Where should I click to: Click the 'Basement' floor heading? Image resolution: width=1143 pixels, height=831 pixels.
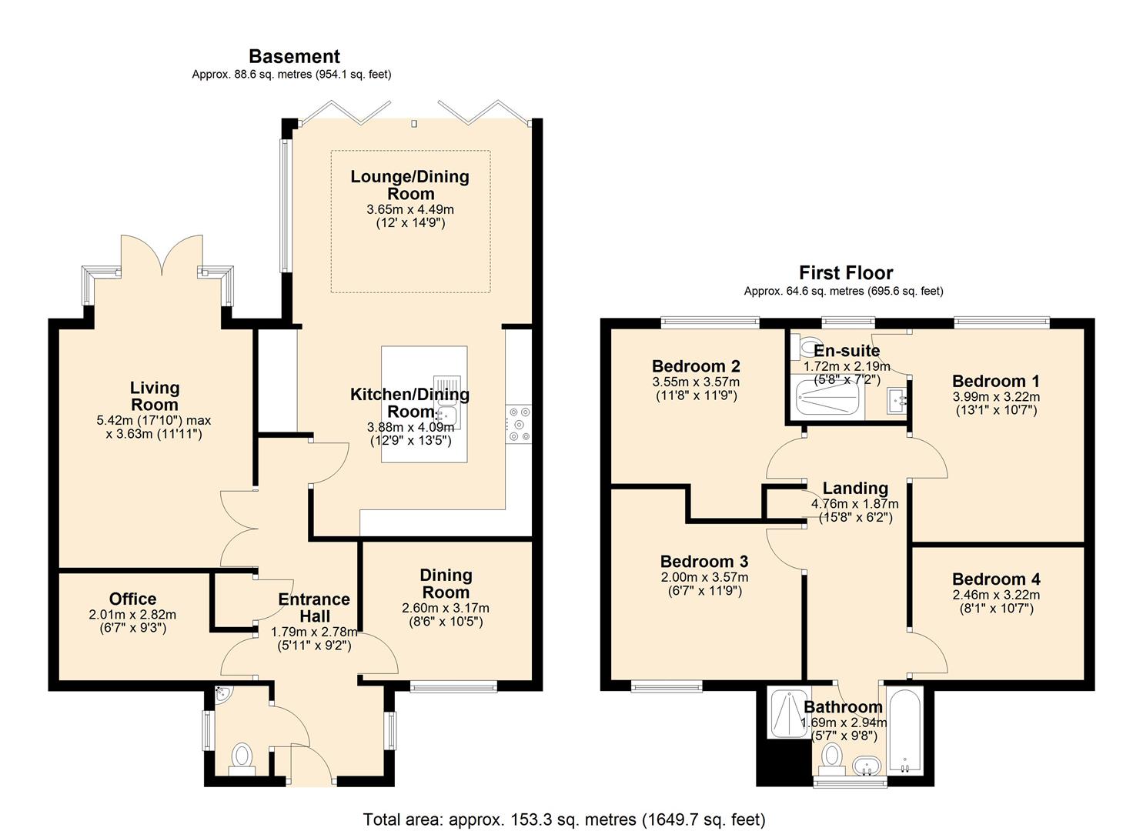pos(294,56)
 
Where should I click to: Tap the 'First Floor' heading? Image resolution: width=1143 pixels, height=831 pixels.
pos(845,272)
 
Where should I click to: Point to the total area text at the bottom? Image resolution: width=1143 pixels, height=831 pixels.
pos(563,819)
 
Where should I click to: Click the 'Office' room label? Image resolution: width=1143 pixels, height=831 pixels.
pos(132,599)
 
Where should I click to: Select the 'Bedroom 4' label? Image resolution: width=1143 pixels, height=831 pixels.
pos(996,579)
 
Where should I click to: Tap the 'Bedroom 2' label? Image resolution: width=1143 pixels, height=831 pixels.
pos(696,366)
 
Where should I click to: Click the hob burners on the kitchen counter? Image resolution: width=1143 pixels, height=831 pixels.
pos(519,423)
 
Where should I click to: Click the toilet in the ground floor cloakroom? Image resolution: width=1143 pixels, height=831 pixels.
pos(242,756)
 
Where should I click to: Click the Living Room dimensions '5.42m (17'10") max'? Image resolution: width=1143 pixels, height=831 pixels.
pos(154,421)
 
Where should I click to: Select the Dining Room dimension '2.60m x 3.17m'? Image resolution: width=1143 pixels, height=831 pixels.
pos(446,608)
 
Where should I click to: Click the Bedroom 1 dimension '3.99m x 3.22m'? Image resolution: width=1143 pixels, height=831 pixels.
pos(996,397)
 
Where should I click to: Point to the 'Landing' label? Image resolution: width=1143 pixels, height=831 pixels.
pos(855,488)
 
